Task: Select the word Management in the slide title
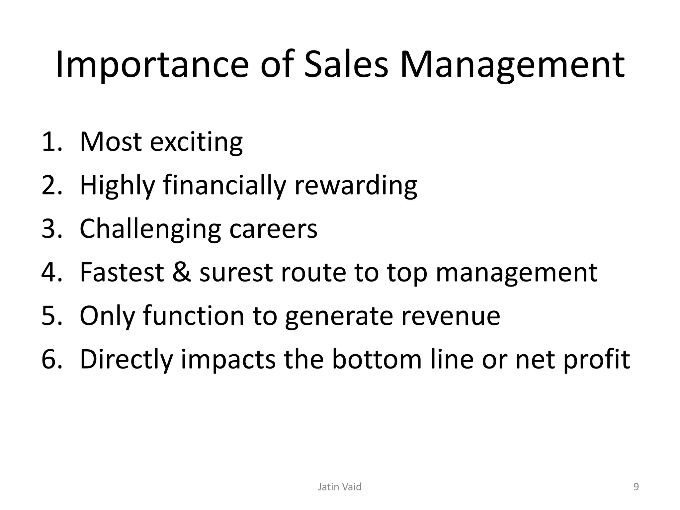(x=512, y=65)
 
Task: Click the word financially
(x=224, y=186)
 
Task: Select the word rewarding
(x=356, y=186)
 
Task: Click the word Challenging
(x=150, y=229)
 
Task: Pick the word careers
(x=273, y=229)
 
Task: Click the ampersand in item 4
(x=182, y=272)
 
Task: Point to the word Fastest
(x=122, y=272)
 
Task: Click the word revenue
(x=451, y=316)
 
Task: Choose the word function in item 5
(x=193, y=316)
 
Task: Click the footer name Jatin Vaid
(x=339, y=487)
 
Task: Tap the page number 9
(x=636, y=487)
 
